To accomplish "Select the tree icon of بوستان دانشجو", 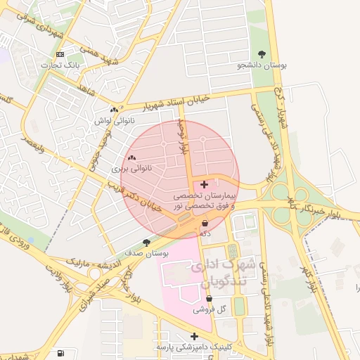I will click(x=262, y=54).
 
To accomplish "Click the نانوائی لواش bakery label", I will click(x=112, y=121).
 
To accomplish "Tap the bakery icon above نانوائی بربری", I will click(x=132, y=158).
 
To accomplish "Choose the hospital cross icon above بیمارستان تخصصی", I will click(x=205, y=184).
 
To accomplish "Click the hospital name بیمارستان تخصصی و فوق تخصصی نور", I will click(x=205, y=199).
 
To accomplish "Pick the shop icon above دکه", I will click(x=205, y=223).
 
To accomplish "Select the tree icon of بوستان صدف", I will click(x=146, y=242).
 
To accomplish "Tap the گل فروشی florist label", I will click(x=211, y=309).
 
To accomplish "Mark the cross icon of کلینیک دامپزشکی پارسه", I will click(x=195, y=336).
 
